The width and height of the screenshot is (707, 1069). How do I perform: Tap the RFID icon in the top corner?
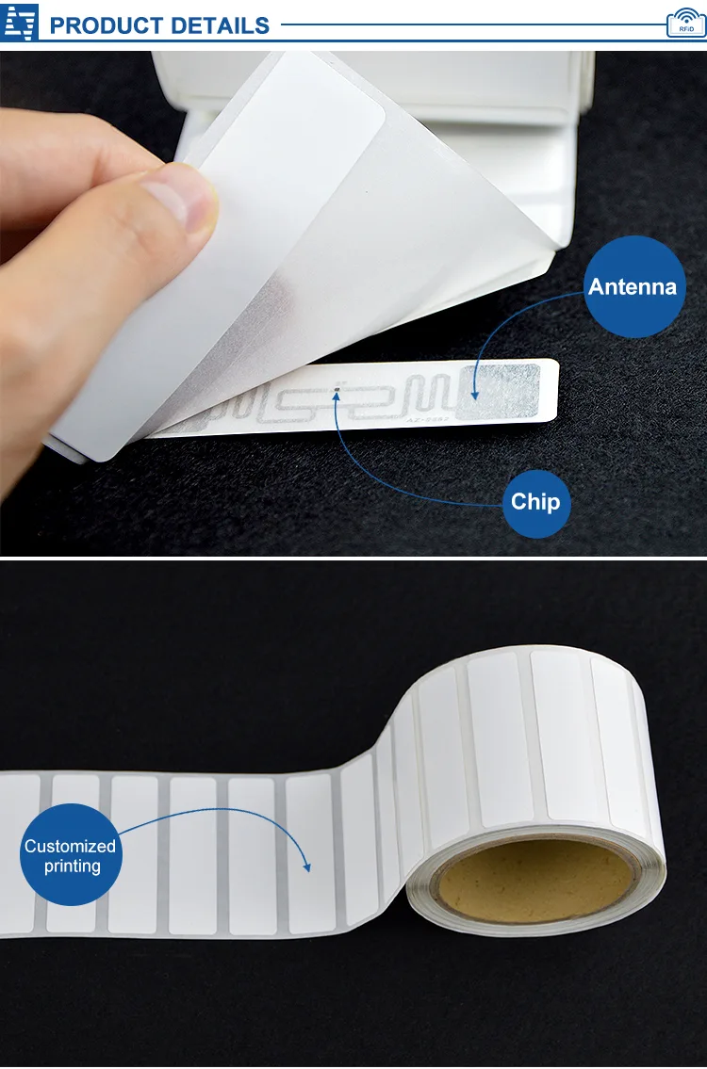tap(684, 23)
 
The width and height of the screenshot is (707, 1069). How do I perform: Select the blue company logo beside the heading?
tap(21, 21)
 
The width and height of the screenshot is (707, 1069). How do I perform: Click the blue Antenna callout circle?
tap(633, 286)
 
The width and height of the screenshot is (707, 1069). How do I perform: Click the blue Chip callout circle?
tap(535, 503)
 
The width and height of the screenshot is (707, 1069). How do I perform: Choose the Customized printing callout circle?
tap(71, 855)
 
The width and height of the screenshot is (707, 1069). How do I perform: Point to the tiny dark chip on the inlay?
tap(337, 387)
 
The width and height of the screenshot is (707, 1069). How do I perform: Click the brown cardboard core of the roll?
tap(533, 881)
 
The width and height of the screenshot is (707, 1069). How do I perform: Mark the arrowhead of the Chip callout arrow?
tap(337, 397)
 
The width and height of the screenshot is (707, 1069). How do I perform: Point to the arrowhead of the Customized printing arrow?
tap(306, 868)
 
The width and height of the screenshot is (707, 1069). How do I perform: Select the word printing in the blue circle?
tap(71, 867)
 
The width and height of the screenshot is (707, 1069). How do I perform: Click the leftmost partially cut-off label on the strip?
tap(17, 852)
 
